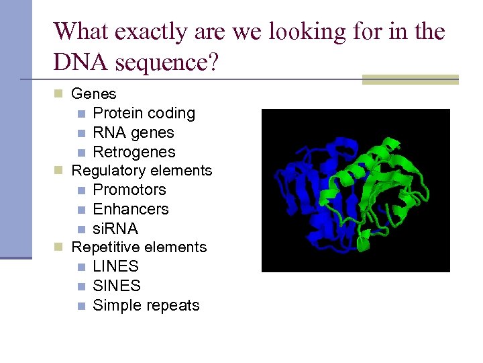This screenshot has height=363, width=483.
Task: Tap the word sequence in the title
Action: [x=166, y=63]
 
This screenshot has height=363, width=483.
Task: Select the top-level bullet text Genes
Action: [x=93, y=94]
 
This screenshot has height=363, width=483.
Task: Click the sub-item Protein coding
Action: [x=144, y=113]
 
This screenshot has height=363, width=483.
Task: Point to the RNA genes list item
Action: [x=133, y=132]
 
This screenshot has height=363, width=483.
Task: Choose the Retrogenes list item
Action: [x=133, y=152]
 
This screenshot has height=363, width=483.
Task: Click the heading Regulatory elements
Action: [x=142, y=171]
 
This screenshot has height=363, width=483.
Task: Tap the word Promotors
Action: [x=129, y=190]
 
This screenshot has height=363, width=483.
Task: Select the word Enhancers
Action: [x=130, y=209]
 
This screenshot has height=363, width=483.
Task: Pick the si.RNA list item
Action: [x=115, y=229]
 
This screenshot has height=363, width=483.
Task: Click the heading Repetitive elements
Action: [x=139, y=247]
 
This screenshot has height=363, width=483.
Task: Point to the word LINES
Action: [x=115, y=266]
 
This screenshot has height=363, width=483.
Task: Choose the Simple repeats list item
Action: [x=146, y=305]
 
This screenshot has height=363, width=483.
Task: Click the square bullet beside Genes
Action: [x=58, y=94]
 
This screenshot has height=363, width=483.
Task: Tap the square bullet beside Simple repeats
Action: [x=80, y=306]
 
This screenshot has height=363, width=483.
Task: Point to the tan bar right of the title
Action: [x=410, y=79]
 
